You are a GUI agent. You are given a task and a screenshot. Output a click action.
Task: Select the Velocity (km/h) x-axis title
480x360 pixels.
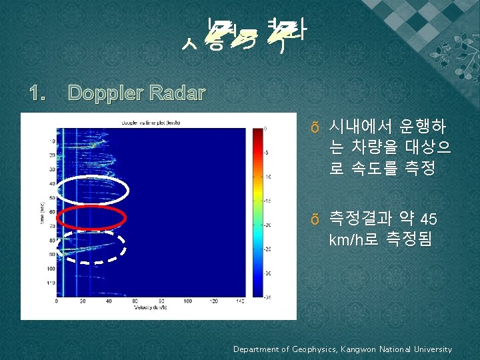tap(150, 307)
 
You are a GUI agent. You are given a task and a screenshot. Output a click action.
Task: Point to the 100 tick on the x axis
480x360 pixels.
tap(188, 301)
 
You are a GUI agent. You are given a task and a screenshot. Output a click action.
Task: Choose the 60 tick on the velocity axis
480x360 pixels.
tap(135, 301)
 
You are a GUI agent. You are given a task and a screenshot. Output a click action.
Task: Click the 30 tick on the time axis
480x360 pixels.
tap(51, 169)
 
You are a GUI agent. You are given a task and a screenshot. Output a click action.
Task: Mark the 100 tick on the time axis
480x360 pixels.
tap(50, 269)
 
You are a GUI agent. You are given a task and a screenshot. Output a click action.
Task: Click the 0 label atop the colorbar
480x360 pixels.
tap(266, 128)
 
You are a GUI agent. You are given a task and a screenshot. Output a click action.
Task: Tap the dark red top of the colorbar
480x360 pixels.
tap(253, 131)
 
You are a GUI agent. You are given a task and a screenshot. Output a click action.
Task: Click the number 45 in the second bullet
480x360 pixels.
tap(429, 220)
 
